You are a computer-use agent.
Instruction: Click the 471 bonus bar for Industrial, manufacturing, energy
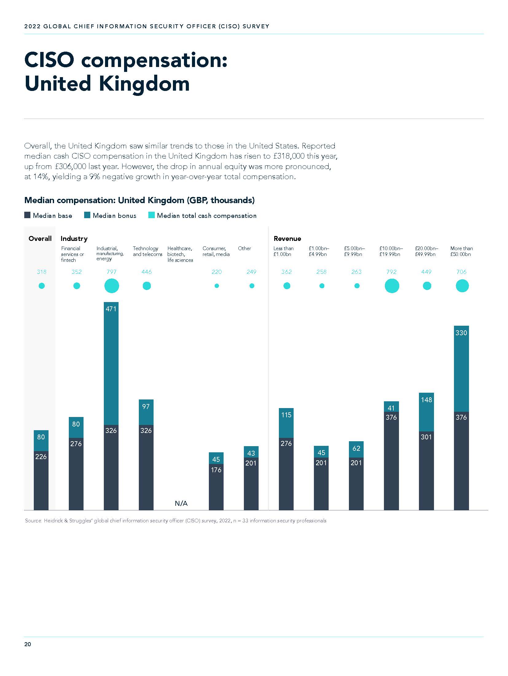click(111, 363)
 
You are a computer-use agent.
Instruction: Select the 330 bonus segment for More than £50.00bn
click(461, 369)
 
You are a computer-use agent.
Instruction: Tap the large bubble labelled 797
click(111, 286)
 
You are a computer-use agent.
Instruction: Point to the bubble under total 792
click(392, 286)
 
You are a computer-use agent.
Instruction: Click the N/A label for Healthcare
click(181, 503)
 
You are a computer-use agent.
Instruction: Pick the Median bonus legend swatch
click(87, 215)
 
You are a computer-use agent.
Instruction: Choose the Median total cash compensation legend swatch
click(151, 215)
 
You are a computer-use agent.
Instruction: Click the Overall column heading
click(40, 238)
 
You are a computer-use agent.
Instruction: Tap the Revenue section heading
click(287, 238)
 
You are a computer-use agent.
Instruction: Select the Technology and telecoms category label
click(147, 251)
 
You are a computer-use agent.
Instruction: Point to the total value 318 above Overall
click(41, 272)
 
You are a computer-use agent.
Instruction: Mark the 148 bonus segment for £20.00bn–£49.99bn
click(426, 412)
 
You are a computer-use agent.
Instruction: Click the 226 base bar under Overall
click(41, 479)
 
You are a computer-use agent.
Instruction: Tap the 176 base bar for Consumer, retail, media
click(216, 485)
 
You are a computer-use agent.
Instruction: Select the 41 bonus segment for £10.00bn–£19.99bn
click(391, 407)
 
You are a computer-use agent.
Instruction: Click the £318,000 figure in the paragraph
click(289, 156)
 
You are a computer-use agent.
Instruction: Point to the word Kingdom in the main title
click(144, 84)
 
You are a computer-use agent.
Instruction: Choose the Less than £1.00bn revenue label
click(283, 251)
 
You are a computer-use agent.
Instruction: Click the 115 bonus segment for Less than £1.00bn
click(286, 423)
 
